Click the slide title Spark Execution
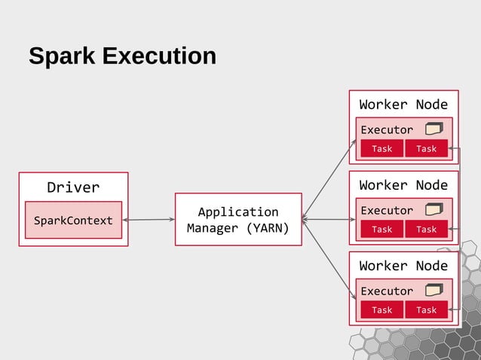[122, 56]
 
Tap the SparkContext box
[73, 221]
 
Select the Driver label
[73, 187]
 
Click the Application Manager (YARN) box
[238, 219]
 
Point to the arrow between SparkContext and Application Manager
[149, 220]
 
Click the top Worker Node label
[403, 104]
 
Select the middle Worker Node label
[403, 185]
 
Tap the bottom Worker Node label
[403, 265]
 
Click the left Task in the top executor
[382, 148]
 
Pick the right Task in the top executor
[426, 148]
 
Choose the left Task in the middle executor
[382, 229]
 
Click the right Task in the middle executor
[426, 229]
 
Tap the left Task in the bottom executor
[382, 310]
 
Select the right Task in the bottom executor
[426, 310]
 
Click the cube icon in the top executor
[434, 129]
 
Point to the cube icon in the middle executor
[434, 209]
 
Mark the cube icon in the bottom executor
[434, 290]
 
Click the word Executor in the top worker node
[387, 130]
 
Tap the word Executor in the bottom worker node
[387, 291]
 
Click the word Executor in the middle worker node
[387, 210]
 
